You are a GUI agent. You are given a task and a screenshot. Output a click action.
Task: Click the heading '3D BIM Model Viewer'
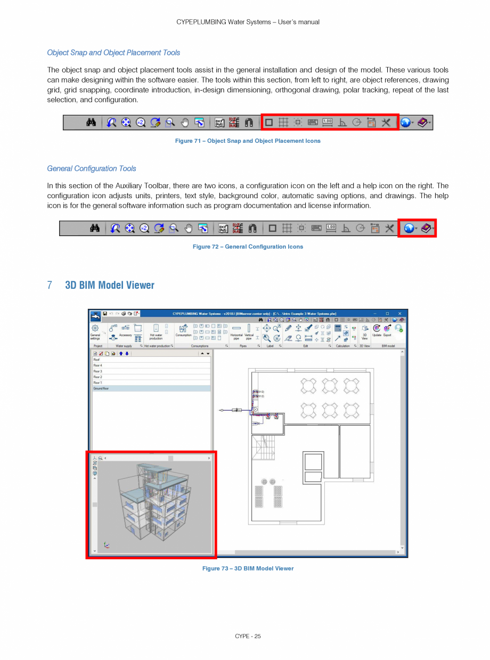[x=110, y=285]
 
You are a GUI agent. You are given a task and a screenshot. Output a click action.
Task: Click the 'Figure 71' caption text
[x=248, y=141]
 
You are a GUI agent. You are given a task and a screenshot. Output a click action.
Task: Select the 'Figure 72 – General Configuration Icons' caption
[x=248, y=247]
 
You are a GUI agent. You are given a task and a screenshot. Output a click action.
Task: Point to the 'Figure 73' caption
[x=248, y=568]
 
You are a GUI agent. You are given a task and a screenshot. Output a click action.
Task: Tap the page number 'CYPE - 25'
[x=248, y=636]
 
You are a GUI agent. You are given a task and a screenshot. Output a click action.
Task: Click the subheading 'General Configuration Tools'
[x=92, y=169]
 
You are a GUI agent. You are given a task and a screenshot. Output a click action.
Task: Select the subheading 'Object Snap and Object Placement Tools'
[x=113, y=53]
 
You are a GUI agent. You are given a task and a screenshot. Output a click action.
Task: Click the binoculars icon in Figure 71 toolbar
[x=91, y=123]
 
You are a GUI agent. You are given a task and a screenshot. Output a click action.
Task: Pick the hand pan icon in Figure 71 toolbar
[x=185, y=123]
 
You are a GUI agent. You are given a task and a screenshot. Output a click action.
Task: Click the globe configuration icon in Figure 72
[x=409, y=228]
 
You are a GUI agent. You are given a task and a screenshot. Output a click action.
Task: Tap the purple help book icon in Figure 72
[x=427, y=228]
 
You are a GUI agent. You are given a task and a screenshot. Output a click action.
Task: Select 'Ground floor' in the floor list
[x=101, y=388]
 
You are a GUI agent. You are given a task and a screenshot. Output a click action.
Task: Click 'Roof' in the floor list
[x=96, y=360]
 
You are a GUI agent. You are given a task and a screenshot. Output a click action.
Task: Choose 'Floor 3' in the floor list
[x=97, y=371]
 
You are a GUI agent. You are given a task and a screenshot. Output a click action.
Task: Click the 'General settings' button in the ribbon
[x=95, y=332]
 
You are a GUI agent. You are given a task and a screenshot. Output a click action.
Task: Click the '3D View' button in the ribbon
[x=365, y=332]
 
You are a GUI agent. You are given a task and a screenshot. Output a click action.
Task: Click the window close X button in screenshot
[x=400, y=313]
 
